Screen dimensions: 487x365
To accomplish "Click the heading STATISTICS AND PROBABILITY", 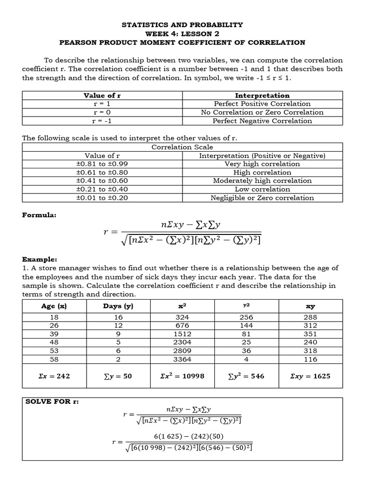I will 182,24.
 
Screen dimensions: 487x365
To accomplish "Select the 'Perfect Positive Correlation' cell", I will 262,104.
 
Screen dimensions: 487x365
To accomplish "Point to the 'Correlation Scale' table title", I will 182,147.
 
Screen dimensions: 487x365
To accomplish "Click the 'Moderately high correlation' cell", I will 262,181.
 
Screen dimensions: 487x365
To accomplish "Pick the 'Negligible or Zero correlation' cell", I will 262,198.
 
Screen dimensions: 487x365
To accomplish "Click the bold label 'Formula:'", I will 39,215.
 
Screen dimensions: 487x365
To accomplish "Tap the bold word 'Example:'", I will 40,260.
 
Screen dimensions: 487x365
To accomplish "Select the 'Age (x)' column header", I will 54,306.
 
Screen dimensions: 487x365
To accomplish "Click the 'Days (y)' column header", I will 118,306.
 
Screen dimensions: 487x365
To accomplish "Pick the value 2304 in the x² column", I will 182,343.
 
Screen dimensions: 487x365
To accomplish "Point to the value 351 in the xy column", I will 310,334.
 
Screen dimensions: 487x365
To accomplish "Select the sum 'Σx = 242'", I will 54,376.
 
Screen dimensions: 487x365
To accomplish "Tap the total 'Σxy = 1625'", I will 310,376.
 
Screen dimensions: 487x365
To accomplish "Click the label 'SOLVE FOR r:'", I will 52,402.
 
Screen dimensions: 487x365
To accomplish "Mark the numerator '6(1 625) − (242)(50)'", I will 189,436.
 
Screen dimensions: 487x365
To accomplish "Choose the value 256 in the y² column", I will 246,317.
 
